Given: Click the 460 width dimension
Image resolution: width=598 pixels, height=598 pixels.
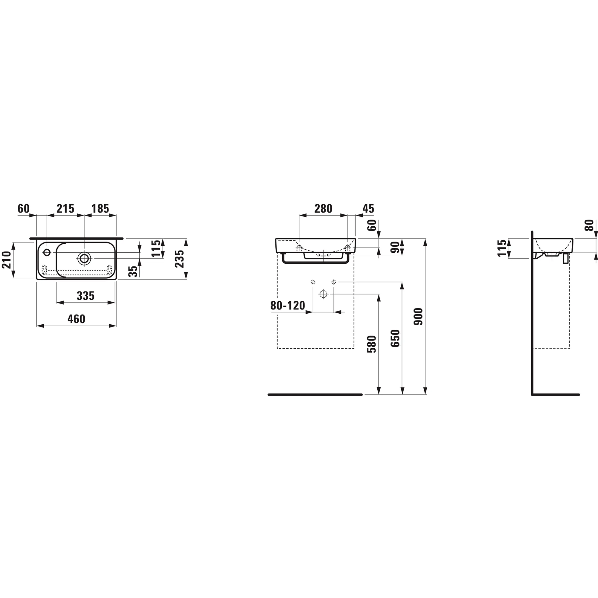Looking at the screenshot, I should (76, 319).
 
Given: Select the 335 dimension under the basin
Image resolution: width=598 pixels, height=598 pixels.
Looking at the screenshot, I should (86, 296).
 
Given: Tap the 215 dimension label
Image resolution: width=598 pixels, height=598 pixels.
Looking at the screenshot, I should (65, 209).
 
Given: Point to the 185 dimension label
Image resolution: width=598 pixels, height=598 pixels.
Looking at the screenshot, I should (100, 209).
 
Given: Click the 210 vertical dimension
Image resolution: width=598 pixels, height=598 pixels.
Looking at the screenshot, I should (7, 260).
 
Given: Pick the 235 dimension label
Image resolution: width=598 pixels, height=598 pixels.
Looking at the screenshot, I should (180, 259).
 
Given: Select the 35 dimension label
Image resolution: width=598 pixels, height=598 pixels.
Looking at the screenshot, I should (133, 271).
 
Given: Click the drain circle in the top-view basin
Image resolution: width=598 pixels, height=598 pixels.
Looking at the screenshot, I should (84, 258).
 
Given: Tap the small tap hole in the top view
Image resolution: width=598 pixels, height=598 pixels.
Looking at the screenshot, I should (47, 252).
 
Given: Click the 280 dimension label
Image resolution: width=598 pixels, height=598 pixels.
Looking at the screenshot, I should (323, 209).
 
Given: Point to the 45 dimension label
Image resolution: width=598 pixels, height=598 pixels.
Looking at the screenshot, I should (368, 209).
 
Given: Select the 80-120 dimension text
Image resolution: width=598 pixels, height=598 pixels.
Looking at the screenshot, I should (288, 306).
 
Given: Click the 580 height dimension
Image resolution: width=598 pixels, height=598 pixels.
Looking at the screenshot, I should (371, 344).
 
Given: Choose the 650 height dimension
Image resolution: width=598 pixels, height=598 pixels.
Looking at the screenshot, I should (395, 338).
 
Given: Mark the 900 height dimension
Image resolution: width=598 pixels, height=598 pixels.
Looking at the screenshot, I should (419, 316).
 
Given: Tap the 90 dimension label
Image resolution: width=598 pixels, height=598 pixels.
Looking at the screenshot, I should (395, 247).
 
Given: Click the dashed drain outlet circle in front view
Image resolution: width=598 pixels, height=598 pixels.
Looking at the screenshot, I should (323, 294).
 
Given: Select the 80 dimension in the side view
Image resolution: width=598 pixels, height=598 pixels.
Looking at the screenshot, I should (589, 225).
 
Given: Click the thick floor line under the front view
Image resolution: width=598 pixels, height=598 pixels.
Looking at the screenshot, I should (315, 395).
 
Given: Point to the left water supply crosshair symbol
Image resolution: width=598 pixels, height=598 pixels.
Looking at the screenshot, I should (313, 282).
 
